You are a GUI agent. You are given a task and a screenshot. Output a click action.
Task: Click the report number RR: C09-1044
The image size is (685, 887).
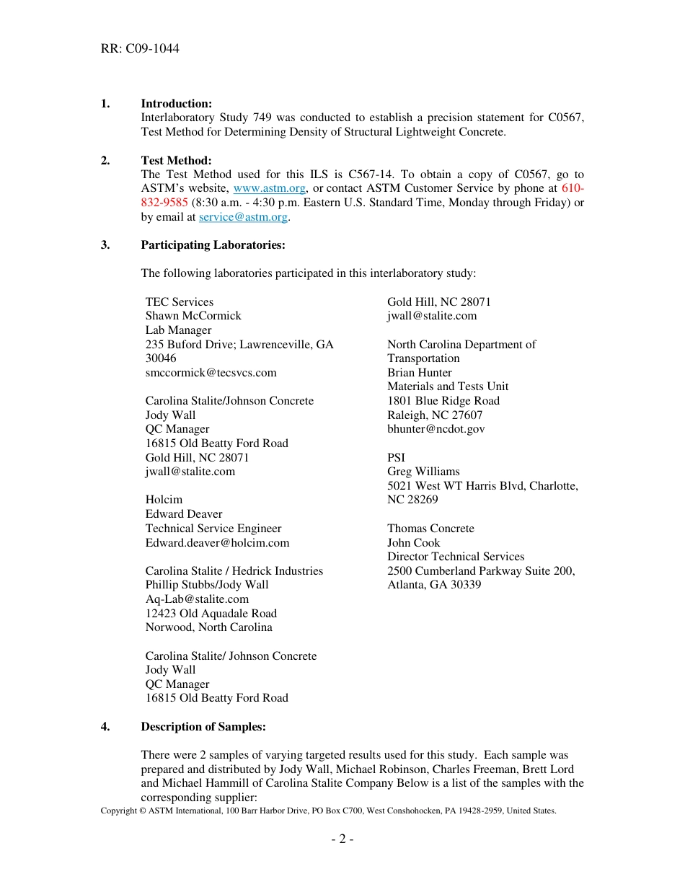(x=140, y=49)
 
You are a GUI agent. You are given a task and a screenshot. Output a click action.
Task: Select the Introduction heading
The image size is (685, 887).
(x=176, y=104)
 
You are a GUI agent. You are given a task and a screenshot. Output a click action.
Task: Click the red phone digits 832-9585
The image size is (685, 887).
(x=164, y=203)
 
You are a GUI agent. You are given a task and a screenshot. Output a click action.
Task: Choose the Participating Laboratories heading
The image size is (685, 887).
(x=213, y=245)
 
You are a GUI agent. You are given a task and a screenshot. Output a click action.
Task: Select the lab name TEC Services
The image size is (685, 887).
(x=180, y=302)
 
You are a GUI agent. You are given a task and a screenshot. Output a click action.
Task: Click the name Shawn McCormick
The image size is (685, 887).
(x=193, y=316)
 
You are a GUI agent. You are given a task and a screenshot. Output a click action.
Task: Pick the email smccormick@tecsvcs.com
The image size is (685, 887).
(x=211, y=373)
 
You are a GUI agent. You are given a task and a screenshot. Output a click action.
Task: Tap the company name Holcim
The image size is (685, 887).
(x=164, y=500)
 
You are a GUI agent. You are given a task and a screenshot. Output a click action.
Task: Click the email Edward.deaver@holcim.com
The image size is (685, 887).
(x=217, y=542)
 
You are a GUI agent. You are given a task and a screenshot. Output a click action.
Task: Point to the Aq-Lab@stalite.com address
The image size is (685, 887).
(x=197, y=599)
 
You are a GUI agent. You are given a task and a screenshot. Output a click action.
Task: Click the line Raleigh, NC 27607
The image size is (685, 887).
(x=435, y=415)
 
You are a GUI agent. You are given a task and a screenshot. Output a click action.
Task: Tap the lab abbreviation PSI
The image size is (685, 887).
(x=396, y=458)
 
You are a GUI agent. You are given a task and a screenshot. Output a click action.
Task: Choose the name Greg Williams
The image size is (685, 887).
(x=423, y=472)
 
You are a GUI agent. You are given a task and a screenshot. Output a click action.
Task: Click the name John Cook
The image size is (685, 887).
(x=413, y=543)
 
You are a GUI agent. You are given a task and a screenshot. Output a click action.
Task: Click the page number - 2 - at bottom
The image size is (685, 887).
(x=342, y=839)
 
